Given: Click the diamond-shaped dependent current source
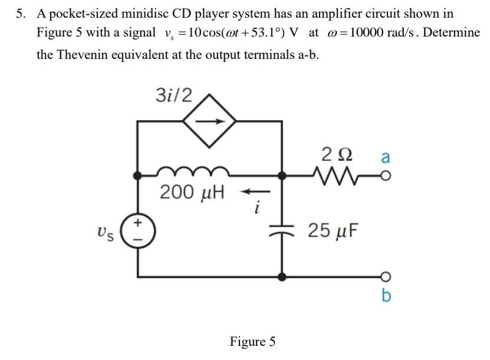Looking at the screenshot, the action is [209, 121].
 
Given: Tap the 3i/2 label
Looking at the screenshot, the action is [174, 95].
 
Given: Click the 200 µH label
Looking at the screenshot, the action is [192, 192].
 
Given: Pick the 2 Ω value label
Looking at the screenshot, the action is [337, 154].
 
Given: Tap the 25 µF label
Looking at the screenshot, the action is [333, 231].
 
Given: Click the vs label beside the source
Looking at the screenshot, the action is [106, 234].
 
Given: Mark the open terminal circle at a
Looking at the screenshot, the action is [386, 176].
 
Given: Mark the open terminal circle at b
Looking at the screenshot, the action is [386, 276].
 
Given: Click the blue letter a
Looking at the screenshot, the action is [386, 157].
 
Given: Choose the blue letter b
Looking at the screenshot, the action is [386, 295].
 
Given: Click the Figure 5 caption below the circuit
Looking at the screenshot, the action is [252, 341].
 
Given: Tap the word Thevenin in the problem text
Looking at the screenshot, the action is [81, 55].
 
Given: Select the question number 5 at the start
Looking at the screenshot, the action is [21, 14].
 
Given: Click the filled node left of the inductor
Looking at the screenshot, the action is [137, 176].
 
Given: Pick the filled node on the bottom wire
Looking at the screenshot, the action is [282, 276].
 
